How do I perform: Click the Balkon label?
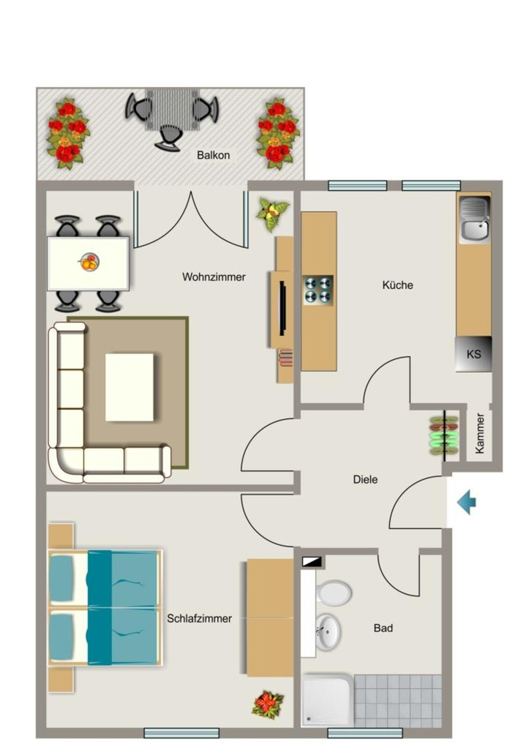[x=213, y=155]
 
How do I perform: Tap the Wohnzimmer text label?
[x=214, y=277]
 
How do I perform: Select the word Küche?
[x=397, y=285]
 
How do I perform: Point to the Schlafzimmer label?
[x=199, y=619]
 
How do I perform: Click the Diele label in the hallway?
[x=365, y=480]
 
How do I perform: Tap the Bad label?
[x=383, y=628]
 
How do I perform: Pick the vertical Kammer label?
[x=480, y=433]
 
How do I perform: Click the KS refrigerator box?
[x=473, y=354]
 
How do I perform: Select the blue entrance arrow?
[x=466, y=503]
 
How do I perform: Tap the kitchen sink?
[x=474, y=220]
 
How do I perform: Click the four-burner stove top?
[x=318, y=290]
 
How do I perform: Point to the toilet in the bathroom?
[x=334, y=593]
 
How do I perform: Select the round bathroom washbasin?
[x=328, y=632]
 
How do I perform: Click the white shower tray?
[x=328, y=700]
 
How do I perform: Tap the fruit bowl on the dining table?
[x=89, y=263]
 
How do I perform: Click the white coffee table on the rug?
[x=130, y=388]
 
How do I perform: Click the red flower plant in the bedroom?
[x=268, y=704]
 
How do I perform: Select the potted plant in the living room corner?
[x=272, y=214]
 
